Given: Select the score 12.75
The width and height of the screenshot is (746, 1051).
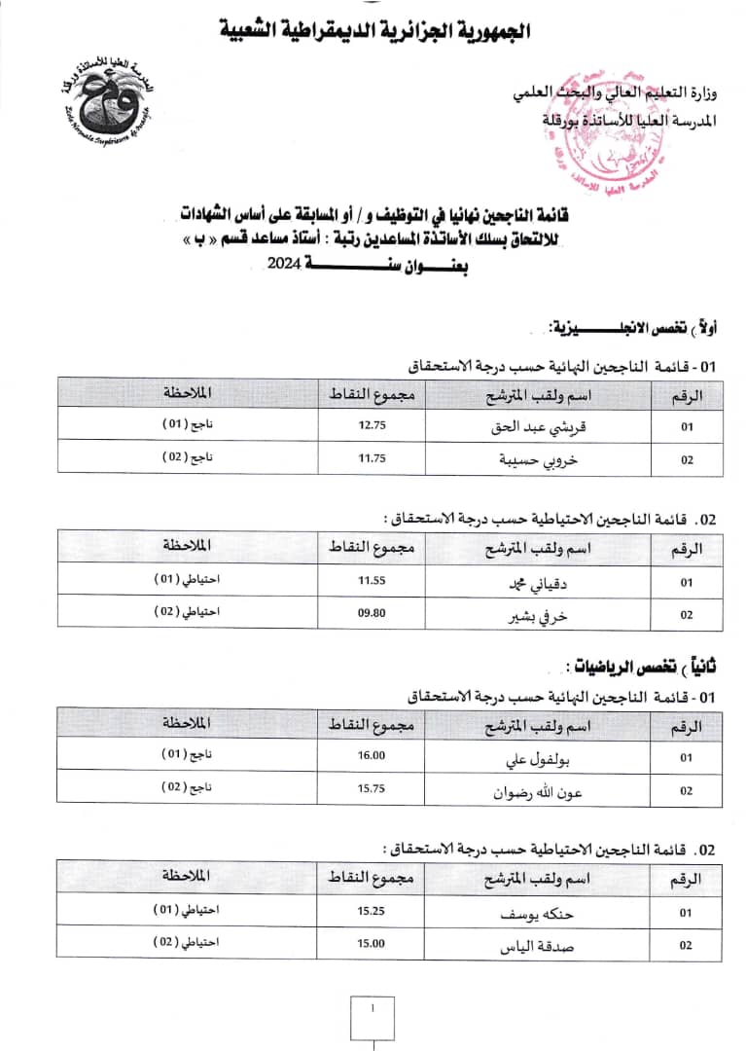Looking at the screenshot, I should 373,424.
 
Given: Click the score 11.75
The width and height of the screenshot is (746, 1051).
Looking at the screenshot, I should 373,458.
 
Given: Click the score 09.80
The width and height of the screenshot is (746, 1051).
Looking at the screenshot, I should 373,614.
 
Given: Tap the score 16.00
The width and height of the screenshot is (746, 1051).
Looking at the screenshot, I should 373,756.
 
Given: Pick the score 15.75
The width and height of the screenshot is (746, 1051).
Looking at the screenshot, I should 373,789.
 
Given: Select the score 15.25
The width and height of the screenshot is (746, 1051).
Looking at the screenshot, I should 373,912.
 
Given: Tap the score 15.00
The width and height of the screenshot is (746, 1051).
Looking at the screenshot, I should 373,944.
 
